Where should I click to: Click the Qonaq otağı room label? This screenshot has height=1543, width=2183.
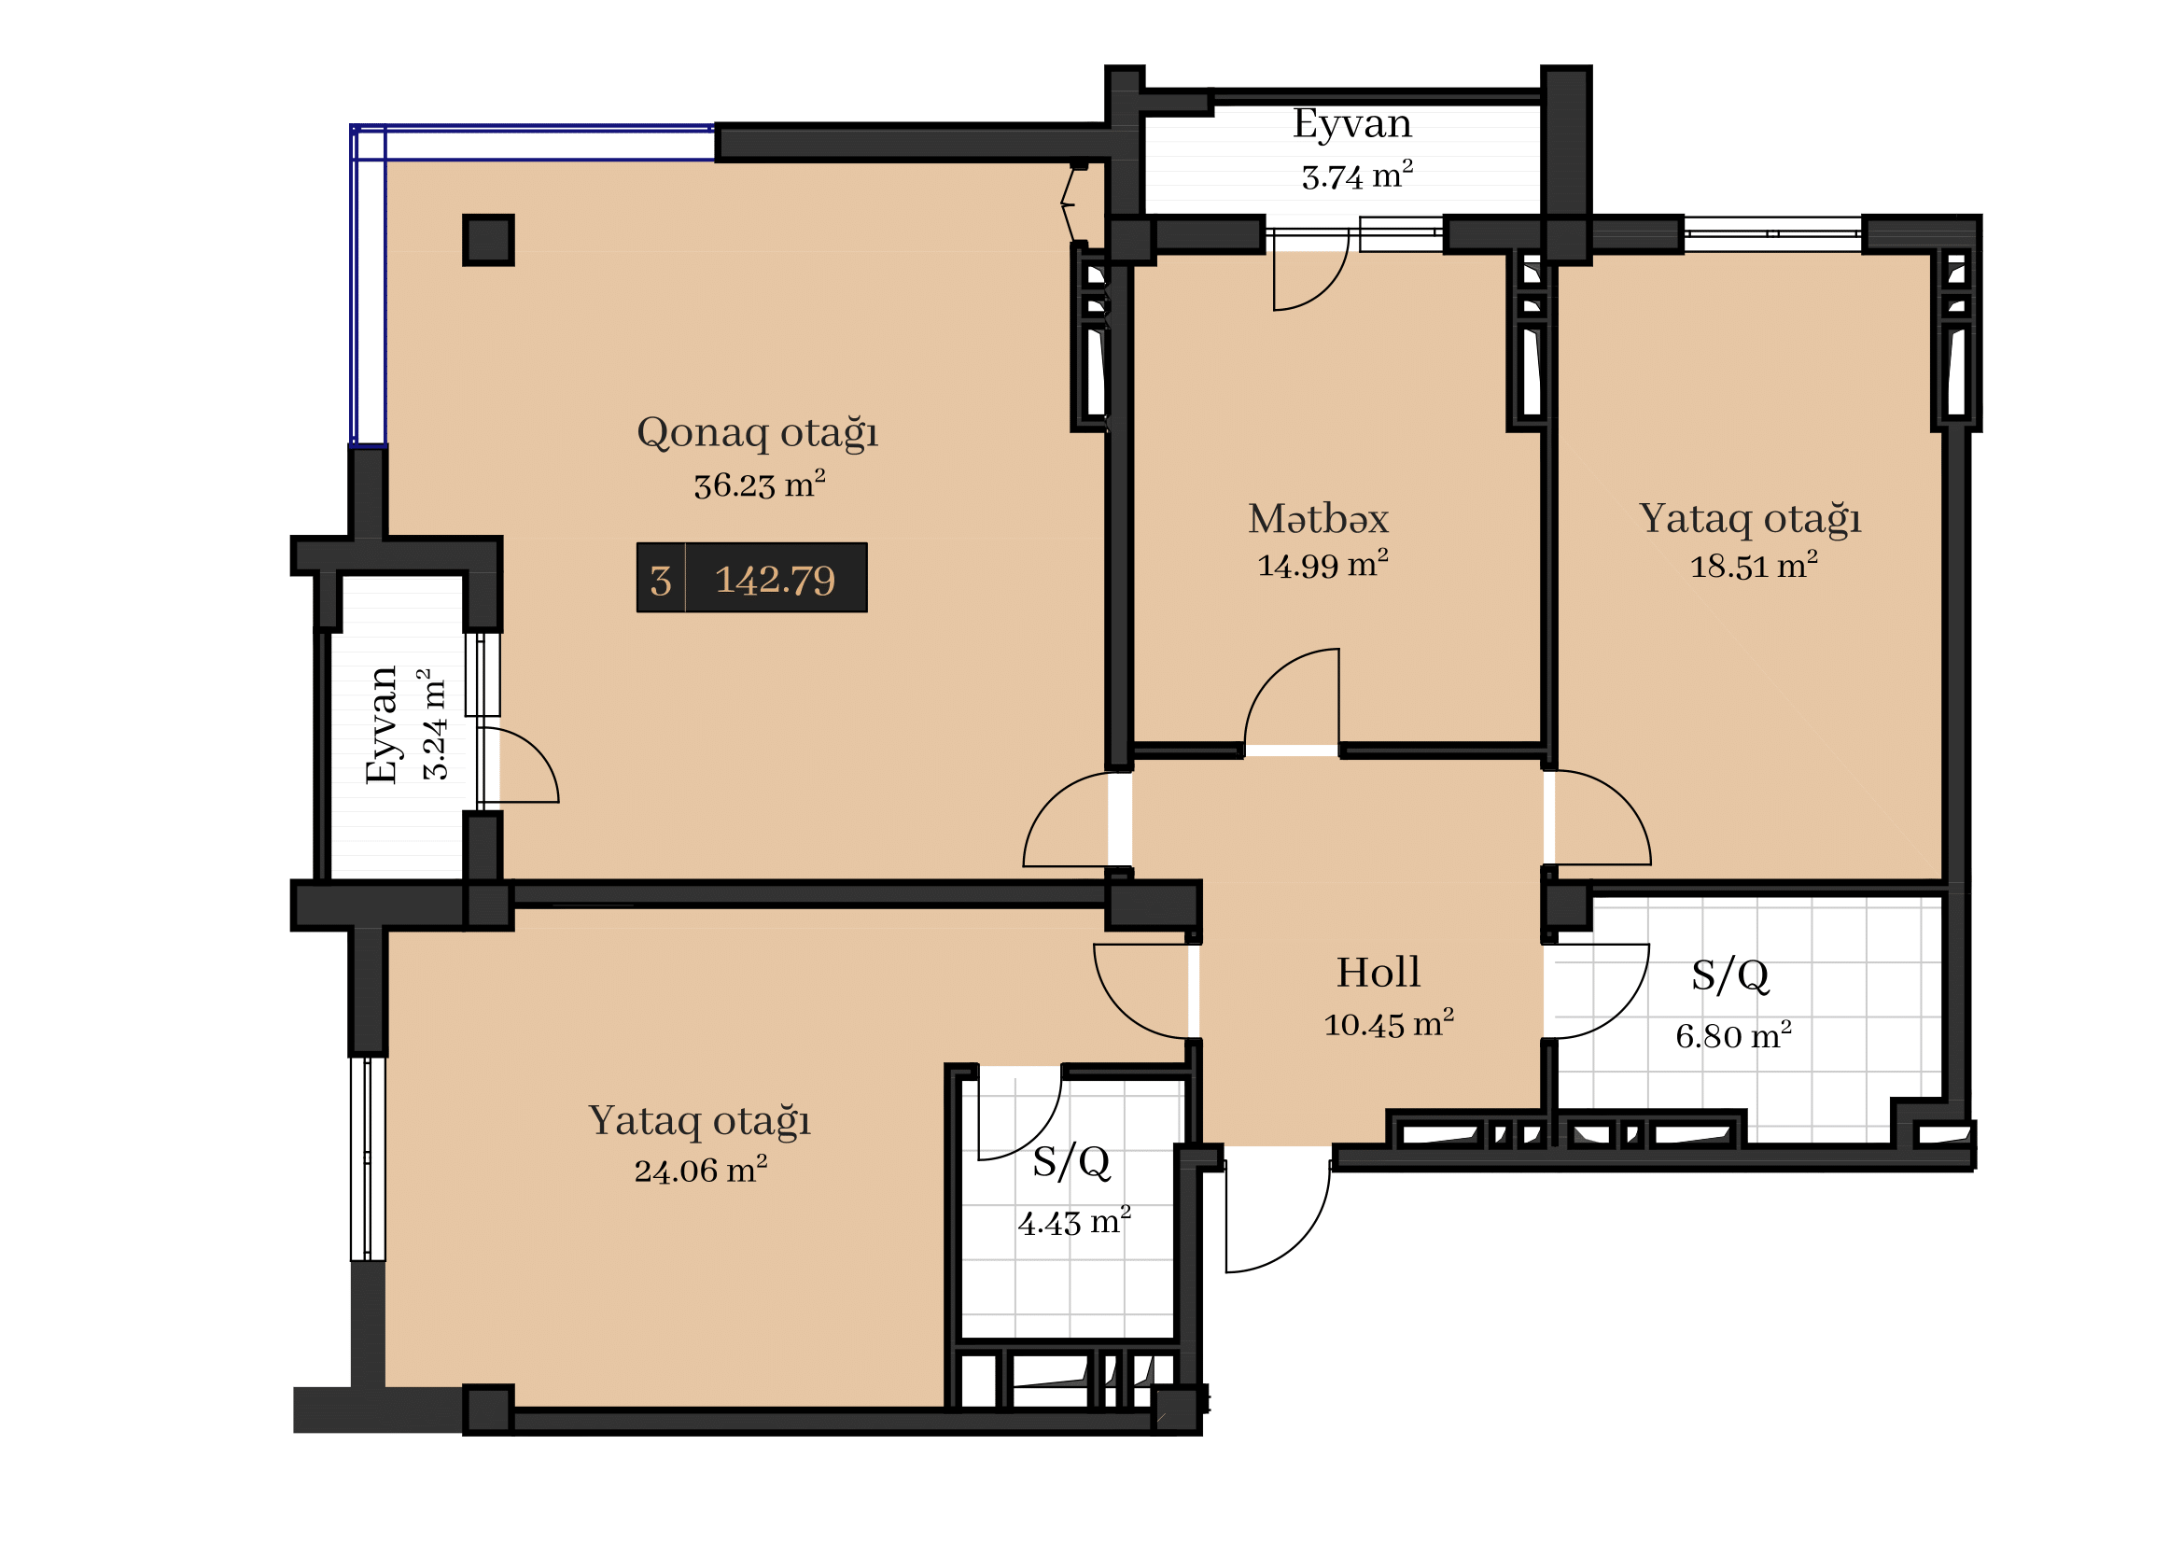pyautogui.click(x=757, y=433)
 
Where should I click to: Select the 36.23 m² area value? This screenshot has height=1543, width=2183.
pyautogui.click(x=759, y=484)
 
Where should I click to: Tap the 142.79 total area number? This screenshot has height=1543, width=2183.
pyautogui.click(x=775, y=580)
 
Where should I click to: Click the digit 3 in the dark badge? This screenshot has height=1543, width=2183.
pyautogui.click(x=661, y=581)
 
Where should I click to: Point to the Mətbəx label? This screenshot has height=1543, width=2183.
pyautogui.click(x=1318, y=519)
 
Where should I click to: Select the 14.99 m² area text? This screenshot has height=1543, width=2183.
pyautogui.click(x=1322, y=565)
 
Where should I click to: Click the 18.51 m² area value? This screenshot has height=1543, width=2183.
pyautogui.click(x=1754, y=566)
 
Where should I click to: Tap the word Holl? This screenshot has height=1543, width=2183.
pyautogui.click(x=1378, y=973)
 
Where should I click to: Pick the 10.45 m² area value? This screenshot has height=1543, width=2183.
pyautogui.click(x=1389, y=1024)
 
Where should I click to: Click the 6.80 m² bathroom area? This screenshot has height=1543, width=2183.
pyautogui.click(x=1733, y=1035)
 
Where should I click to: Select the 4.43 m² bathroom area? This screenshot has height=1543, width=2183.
pyautogui.click(x=1074, y=1222)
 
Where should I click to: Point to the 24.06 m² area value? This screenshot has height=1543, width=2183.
pyautogui.click(x=701, y=1170)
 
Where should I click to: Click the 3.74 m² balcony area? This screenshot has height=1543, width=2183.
pyautogui.click(x=1357, y=175)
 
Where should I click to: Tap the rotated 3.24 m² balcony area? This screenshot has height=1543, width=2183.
pyautogui.click(x=433, y=724)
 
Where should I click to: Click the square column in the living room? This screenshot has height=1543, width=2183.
pyautogui.click(x=489, y=240)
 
